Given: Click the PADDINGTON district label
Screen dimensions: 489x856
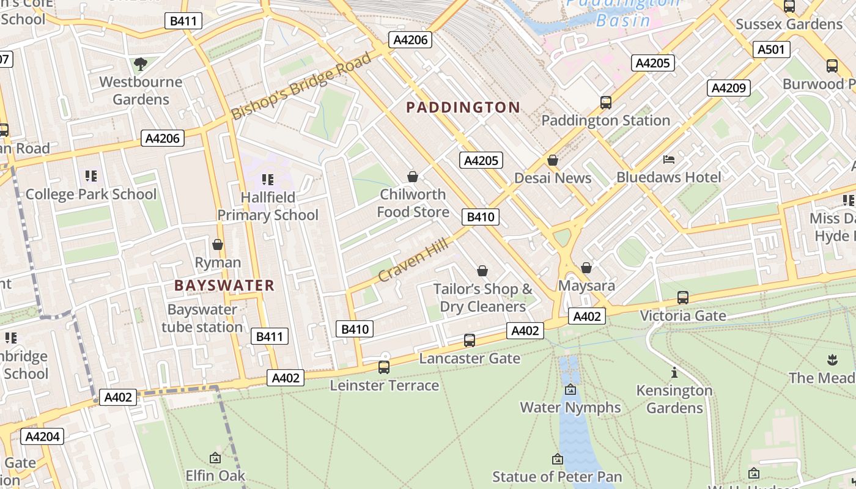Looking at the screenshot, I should point(463,108).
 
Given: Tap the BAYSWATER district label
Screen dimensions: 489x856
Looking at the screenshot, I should point(224,285).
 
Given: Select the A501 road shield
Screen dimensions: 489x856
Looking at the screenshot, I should point(770,50).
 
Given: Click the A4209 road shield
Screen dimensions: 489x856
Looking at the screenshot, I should point(728,88).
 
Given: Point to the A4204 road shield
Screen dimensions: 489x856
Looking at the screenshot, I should point(42,436).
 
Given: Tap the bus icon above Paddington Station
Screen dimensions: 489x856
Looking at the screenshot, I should point(605,103).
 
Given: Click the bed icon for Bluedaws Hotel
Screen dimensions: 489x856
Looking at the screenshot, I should point(669,160).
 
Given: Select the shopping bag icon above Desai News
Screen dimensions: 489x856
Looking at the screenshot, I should point(553,160).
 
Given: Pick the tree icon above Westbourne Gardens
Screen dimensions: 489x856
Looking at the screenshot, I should point(141,64).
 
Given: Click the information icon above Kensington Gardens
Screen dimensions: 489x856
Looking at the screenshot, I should point(674,372).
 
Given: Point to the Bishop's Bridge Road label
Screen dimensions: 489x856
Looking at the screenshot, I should point(301,86).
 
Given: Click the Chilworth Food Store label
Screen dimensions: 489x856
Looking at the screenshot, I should point(413,203).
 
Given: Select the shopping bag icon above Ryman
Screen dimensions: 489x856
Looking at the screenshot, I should point(218,244).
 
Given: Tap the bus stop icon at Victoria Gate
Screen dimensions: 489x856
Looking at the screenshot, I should point(682,298).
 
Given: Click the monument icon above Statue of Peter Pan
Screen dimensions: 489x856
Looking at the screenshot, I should point(557,459).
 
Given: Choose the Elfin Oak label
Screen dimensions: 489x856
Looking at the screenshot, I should point(215,476).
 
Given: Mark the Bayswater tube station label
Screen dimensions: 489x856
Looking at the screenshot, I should point(202,318).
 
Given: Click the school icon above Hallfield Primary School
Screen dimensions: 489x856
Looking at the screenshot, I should point(267,179).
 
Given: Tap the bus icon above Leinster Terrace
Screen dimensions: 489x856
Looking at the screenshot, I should point(384,367).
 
